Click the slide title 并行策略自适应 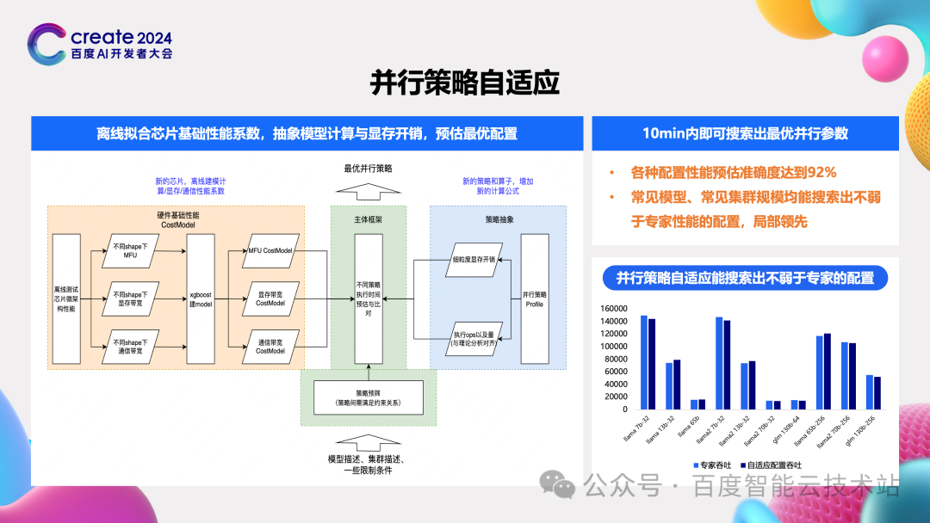point(465,83)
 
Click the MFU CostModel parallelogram point(270,250)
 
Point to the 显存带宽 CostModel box point(270,298)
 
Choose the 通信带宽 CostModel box point(270,346)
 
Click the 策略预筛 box point(369,398)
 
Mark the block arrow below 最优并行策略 point(368,189)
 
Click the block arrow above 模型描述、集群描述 point(368,443)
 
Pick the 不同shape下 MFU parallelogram point(131,250)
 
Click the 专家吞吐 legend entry point(714,465)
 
